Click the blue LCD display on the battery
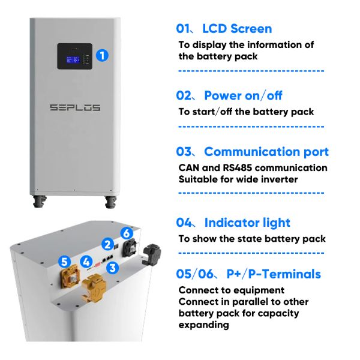tap(73, 59)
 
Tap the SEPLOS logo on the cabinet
tap(75, 107)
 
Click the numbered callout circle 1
tap(102, 55)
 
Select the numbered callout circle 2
tap(107, 244)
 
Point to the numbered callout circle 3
tap(113, 268)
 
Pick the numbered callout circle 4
tap(86, 262)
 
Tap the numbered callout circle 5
tap(64, 262)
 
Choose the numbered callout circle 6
tap(127, 233)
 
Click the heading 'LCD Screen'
tap(237, 29)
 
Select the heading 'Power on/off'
tap(243, 95)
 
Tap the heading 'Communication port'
tap(266, 152)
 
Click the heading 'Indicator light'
tap(247, 223)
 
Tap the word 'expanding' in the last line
tap(203, 325)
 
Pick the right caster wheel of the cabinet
tap(110, 202)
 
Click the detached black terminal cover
tap(151, 255)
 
